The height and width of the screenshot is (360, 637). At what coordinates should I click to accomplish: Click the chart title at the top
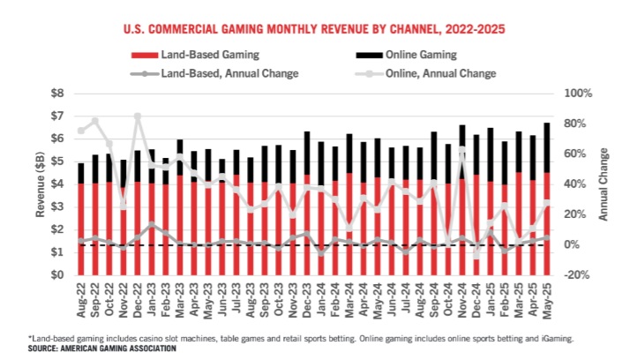coord(318,29)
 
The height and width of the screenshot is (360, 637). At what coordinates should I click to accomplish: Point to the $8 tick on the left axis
coord(57,93)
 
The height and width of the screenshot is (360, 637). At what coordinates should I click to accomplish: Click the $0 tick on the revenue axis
coord(57,275)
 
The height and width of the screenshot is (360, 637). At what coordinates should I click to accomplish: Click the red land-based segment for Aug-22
coord(81,229)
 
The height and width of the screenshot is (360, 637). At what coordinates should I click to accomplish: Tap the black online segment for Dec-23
coord(307,154)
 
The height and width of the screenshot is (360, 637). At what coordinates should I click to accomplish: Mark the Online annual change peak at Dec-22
coord(139,116)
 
